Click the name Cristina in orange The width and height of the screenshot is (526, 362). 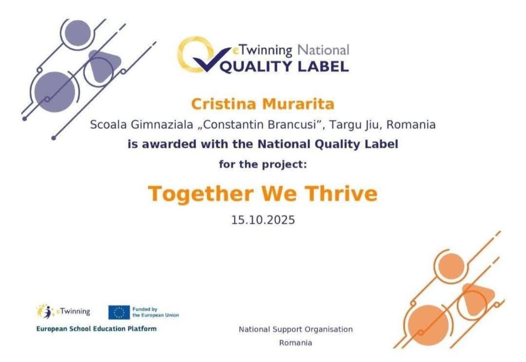pos(223,104)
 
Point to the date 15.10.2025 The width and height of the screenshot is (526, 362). pos(263,220)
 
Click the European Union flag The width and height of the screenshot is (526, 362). pos(119,312)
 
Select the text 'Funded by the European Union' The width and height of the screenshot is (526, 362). pos(156,312)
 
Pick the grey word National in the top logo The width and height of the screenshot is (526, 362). pos(323,50)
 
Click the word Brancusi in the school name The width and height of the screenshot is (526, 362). pos(291,124)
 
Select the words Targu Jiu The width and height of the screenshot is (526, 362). pos(353,125)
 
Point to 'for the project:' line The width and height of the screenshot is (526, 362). pos(263,164)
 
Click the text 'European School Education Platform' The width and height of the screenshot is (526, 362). pos(96,329)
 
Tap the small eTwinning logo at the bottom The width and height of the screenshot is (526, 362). pos(64,312)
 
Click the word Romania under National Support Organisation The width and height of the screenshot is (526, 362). pos(295,343)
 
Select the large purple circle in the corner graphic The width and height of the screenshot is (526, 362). pos(55,92)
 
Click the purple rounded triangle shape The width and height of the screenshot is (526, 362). pos(103,66)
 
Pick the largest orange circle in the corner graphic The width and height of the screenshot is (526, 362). pos(428,325)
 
